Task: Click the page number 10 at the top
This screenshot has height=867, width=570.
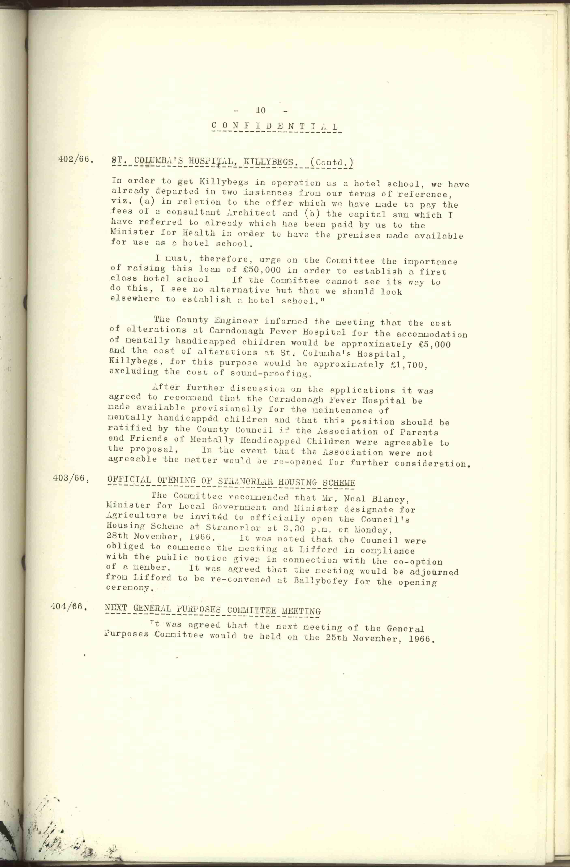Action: (x=261, y=110)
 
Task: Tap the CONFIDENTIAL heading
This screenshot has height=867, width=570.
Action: (x=275, y=126)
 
